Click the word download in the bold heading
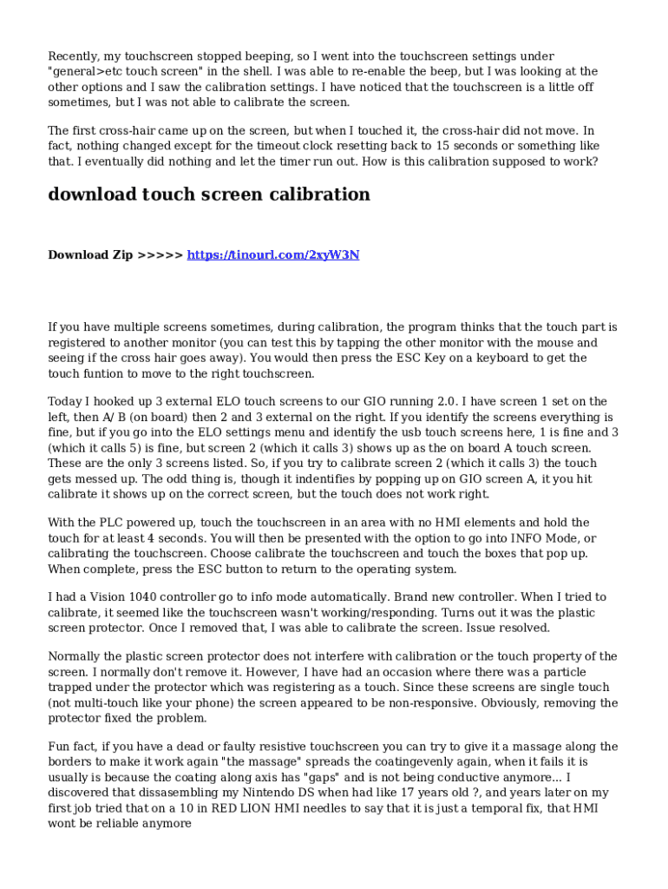click(92, 194)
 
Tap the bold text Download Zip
click(90, 255)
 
